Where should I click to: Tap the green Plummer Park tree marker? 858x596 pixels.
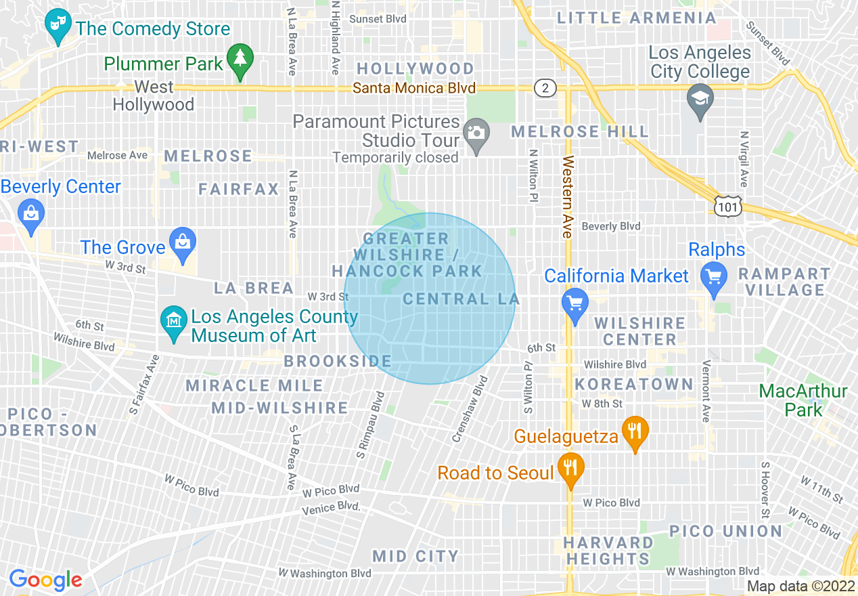(240, 60)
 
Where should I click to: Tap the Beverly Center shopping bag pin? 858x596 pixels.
(31, 213)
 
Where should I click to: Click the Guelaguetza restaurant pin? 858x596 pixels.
(634, 431)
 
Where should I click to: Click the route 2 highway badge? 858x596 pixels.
(544, 88)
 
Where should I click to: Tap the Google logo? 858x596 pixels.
(45, 580)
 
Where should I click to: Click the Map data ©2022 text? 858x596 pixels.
(800, 586)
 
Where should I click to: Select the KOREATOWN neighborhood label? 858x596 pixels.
(634, 384)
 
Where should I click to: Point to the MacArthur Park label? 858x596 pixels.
(803, 400)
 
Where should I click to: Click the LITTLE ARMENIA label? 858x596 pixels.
(636, 18)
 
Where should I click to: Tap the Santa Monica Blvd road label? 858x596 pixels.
(414, 88)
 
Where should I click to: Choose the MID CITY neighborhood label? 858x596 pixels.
(415, 556)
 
